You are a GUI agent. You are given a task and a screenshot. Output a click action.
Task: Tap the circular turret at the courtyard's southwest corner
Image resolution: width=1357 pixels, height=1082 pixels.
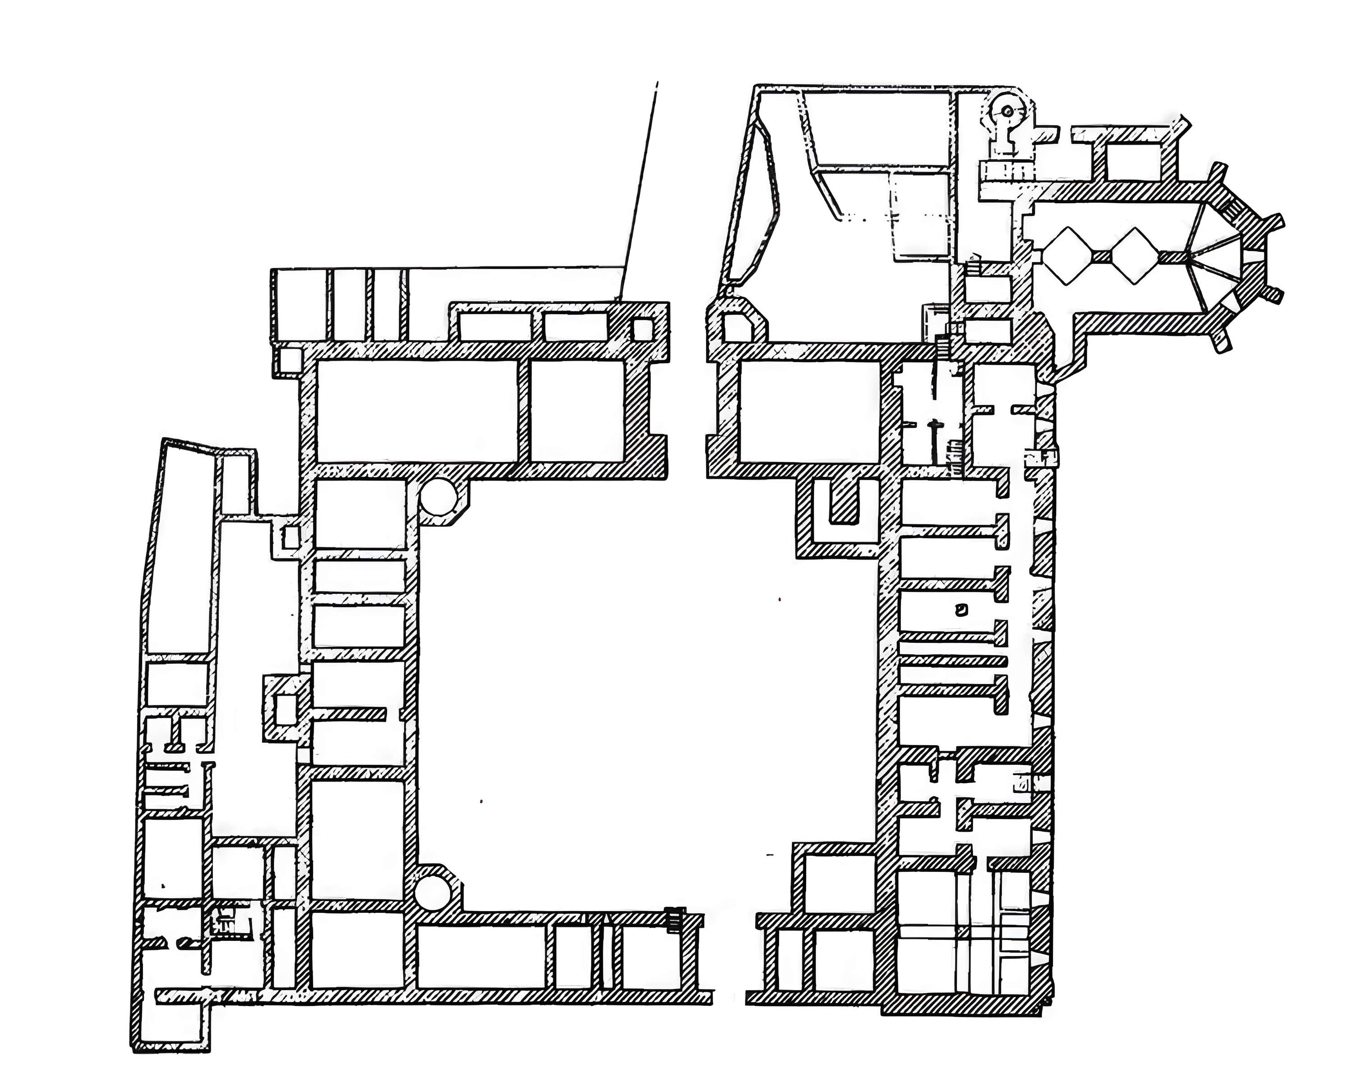433,893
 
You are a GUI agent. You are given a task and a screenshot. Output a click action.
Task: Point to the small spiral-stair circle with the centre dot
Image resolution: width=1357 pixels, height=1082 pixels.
1008,111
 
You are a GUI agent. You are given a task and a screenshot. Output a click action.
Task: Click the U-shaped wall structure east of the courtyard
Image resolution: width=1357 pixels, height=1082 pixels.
845,516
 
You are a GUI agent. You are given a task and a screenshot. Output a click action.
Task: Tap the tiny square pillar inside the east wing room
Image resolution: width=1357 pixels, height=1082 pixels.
960,608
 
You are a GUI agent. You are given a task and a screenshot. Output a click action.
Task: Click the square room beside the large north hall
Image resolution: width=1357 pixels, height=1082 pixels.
577,411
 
